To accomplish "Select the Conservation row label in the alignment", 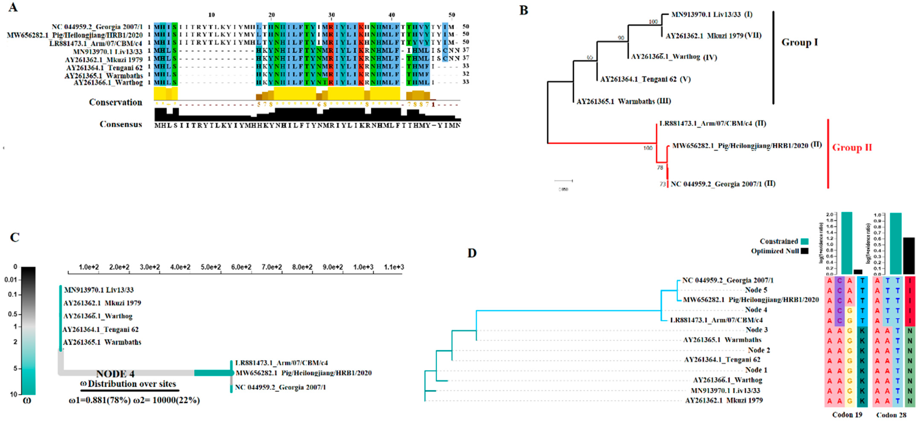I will click(115, 103).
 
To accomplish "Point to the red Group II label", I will click(852, 147).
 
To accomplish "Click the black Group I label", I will click(799, 43).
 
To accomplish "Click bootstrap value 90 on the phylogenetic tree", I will click(621, 38).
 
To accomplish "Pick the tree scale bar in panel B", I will click(563, 181).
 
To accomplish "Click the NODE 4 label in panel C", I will click(115, 374).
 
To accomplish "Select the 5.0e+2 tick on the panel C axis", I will click(211, 267).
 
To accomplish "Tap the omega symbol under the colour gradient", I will click(27, 401).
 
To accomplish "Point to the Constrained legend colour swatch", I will click(805, 241).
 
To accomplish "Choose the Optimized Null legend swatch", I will click(805, 251).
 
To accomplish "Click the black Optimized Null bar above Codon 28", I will click(909, 256).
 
